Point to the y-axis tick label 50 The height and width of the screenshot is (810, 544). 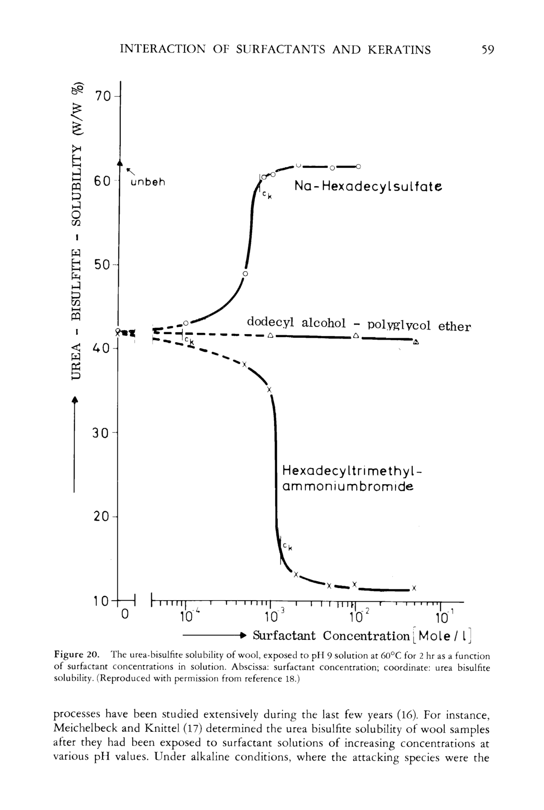(x=102, y=265)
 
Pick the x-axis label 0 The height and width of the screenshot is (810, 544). (x=125, y=614)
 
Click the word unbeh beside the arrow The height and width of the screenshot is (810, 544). (x=148, y=182)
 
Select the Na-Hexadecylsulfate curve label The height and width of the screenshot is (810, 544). (x=368, y=187)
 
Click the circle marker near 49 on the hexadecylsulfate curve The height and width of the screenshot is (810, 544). (x=245, y=274)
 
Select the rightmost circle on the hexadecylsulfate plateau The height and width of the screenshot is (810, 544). (x=359, y=166)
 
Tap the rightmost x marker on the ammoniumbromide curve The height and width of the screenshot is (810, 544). (x=414, y=588)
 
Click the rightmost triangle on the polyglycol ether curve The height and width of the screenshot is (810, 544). (x=416, y=342)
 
